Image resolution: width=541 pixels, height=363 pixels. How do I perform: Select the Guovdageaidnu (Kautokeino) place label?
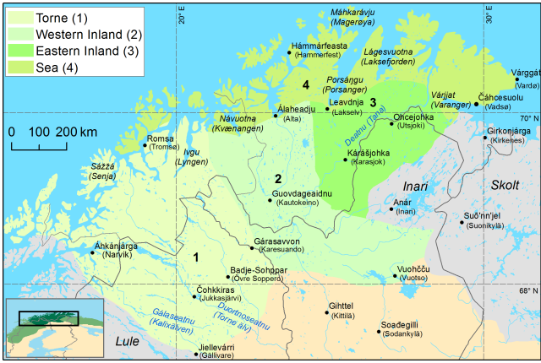(x=301, y=199)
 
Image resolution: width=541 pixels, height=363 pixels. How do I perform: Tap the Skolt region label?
(x=506, y=183)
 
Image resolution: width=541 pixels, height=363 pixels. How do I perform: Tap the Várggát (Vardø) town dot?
(x=517, y=79)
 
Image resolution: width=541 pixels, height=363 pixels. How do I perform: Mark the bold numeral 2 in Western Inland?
(x=277, y=178)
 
